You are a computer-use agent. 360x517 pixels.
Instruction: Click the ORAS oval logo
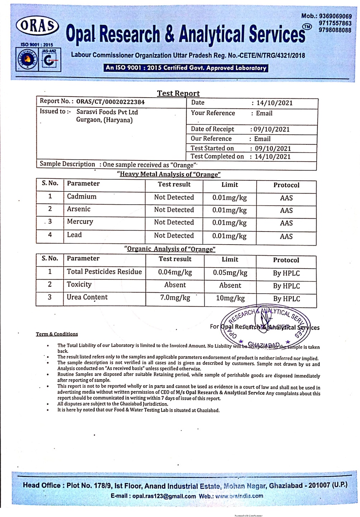tap(37, 26)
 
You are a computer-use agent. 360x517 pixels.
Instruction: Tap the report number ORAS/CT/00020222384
tap(110, 102)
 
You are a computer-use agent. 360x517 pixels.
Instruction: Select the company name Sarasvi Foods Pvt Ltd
tap(107, 112)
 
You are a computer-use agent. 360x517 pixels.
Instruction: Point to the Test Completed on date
tap(272, 157)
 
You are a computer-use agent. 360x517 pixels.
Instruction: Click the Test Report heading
tap(178, 93)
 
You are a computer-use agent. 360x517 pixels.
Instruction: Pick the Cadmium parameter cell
tap(82, 197)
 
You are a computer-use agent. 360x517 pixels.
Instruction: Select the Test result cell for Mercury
tap(174, 223)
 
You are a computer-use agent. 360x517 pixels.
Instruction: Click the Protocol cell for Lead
tap(286, 237)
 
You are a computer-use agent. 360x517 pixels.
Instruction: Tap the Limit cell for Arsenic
tap(229, 210)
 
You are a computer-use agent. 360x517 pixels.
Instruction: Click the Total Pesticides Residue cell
tap(104, 272)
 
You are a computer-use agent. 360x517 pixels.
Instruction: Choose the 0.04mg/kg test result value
tap(175, 273)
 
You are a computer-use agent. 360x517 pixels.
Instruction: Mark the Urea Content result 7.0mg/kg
tap(175, 298)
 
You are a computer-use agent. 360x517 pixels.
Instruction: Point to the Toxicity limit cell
tap(230, 285)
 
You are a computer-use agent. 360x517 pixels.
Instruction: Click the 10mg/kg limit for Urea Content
tap(230, 298)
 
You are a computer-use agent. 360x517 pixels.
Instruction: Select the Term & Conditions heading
tap(57, 334)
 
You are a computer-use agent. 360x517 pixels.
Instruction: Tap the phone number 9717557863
tap(335, 23)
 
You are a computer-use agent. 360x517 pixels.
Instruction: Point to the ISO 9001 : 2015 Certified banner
tap(186, 67)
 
